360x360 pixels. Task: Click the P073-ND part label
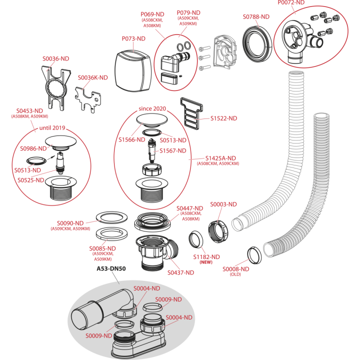133,38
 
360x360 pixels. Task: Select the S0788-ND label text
256,17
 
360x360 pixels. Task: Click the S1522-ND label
223,118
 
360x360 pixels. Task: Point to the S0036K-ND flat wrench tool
88,99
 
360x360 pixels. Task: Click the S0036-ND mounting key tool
56,87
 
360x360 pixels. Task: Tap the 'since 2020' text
152,108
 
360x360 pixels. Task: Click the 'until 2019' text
52,128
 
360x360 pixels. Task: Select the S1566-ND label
132,140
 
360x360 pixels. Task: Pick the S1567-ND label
173,151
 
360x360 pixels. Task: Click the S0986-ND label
33,148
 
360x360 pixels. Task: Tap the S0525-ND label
31,180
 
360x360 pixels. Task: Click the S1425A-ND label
220,158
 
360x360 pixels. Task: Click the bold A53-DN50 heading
111,268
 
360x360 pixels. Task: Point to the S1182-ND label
206,257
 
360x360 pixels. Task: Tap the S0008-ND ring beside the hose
254,255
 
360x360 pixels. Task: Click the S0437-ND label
180,272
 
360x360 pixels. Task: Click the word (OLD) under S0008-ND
235,274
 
